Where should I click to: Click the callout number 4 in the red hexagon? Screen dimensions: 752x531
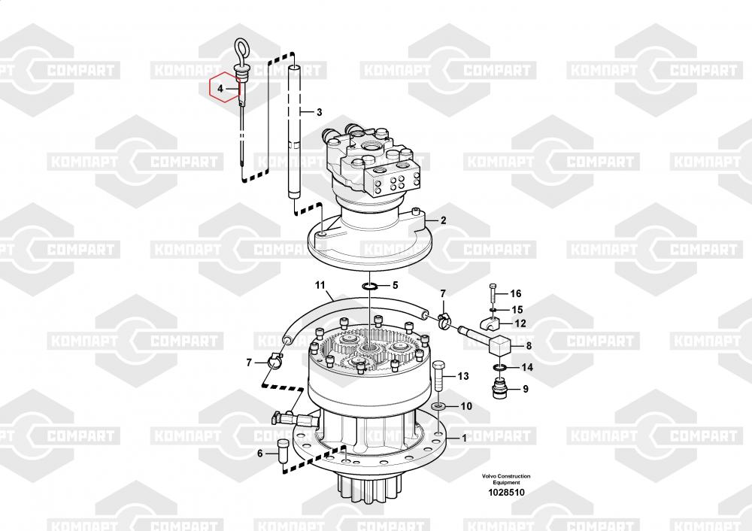220,89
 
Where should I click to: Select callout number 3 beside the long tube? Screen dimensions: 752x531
319,113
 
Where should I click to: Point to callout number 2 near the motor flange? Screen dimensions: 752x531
443,220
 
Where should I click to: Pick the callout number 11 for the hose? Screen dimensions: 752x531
320,286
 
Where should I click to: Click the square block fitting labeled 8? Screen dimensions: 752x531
499,346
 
